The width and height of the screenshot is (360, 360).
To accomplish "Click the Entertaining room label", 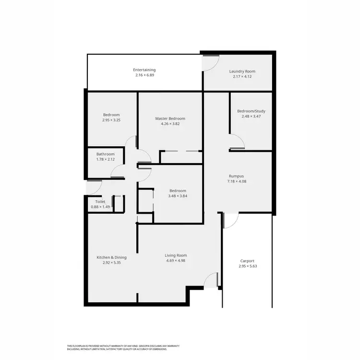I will coord(144,70).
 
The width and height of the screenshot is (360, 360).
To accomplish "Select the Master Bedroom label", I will coord(170,119).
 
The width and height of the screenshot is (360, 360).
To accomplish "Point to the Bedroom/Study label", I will coord(251,111).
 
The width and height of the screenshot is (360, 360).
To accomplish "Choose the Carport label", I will coord(247,261).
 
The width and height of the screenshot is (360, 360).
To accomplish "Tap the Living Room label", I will coord(176,255).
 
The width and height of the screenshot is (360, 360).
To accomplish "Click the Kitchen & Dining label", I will coord(111,257).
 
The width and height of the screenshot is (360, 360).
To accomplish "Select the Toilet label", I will coord(100,202).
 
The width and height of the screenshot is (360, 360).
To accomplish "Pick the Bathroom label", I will coord(106,154).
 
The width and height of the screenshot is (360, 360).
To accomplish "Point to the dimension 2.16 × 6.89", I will coord(144,75).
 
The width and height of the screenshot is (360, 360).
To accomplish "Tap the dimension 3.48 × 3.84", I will coord(177,196).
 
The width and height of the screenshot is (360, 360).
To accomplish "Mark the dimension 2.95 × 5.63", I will coord(247,266).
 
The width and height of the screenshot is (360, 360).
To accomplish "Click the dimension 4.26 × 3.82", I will coord(170,124).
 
